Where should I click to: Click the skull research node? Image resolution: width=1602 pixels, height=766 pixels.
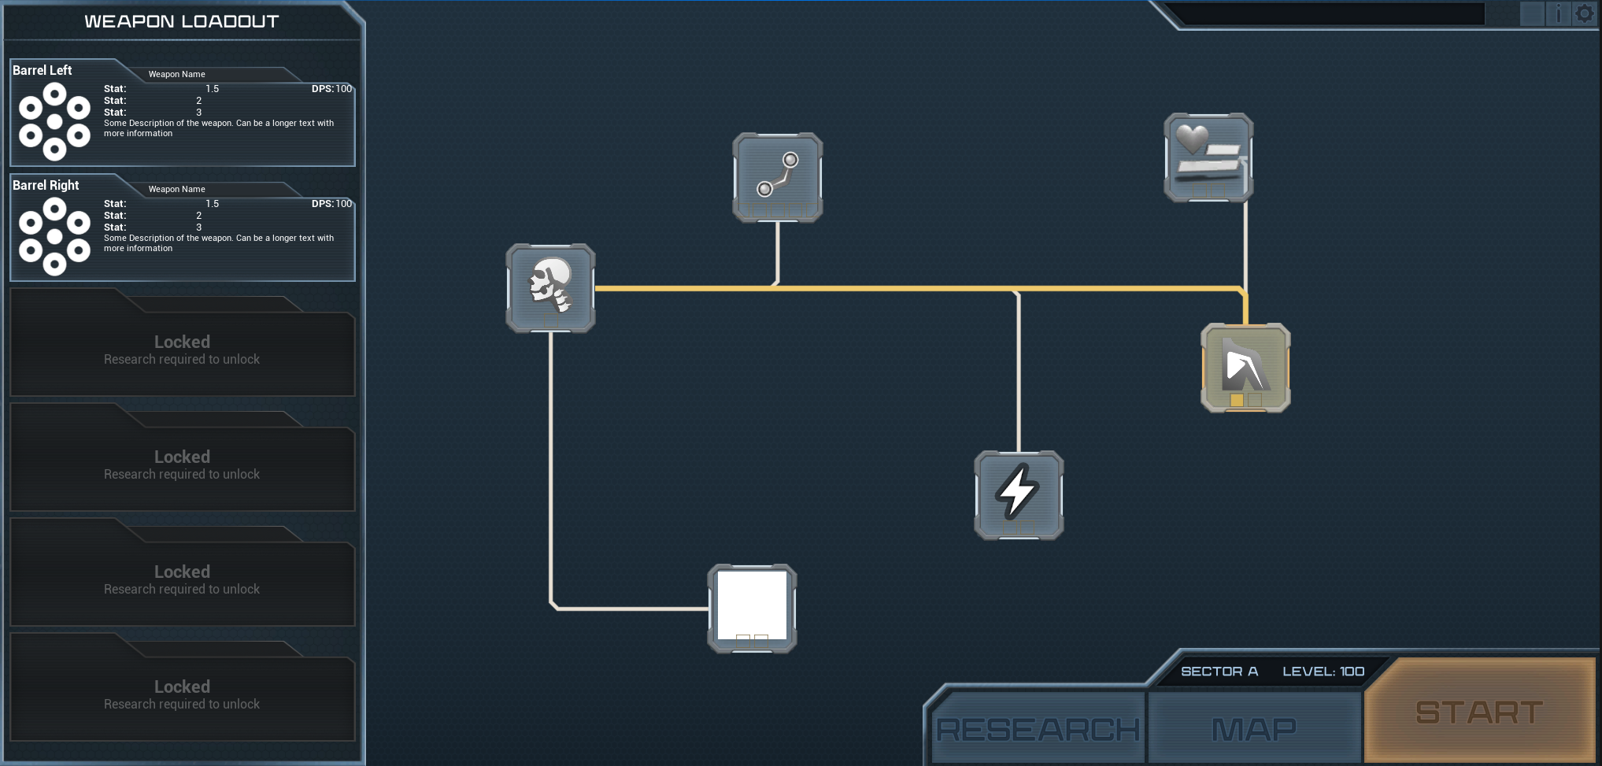pos(550,287)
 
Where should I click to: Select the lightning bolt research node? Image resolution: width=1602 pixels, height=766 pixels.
pos(1019,494)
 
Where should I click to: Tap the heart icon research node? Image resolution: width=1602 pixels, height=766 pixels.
pos(1208,157)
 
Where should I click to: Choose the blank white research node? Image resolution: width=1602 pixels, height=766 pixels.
pos(752,608)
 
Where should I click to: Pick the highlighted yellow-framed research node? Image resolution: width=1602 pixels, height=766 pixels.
pos(1245,368)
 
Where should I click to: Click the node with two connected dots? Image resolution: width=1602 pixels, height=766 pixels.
pos(777,177)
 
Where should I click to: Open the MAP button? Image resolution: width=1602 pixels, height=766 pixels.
pos(1254,728)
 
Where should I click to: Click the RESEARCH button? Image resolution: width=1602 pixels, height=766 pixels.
pos(1038,728)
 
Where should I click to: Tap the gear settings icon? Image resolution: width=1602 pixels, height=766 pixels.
pos(1584,14)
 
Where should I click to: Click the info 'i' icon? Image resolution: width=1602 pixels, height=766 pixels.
pos(1558,14)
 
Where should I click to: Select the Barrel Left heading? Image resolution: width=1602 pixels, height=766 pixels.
pos(43,70)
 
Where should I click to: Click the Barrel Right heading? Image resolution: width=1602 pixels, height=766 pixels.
pos(46,185)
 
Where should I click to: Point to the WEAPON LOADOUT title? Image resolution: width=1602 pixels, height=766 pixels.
pos(182,21)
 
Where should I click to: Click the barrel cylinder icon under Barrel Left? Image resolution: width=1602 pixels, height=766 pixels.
pos(54,122)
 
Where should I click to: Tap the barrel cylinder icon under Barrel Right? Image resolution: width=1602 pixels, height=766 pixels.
pos(54,236)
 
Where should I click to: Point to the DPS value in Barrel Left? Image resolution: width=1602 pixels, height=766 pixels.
pos(331,89)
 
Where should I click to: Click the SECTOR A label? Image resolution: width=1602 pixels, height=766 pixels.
pos(1219,672)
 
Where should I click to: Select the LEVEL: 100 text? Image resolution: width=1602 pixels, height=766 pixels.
pos(1323,672)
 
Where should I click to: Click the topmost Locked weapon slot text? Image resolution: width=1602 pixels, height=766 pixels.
pos(182,342)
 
